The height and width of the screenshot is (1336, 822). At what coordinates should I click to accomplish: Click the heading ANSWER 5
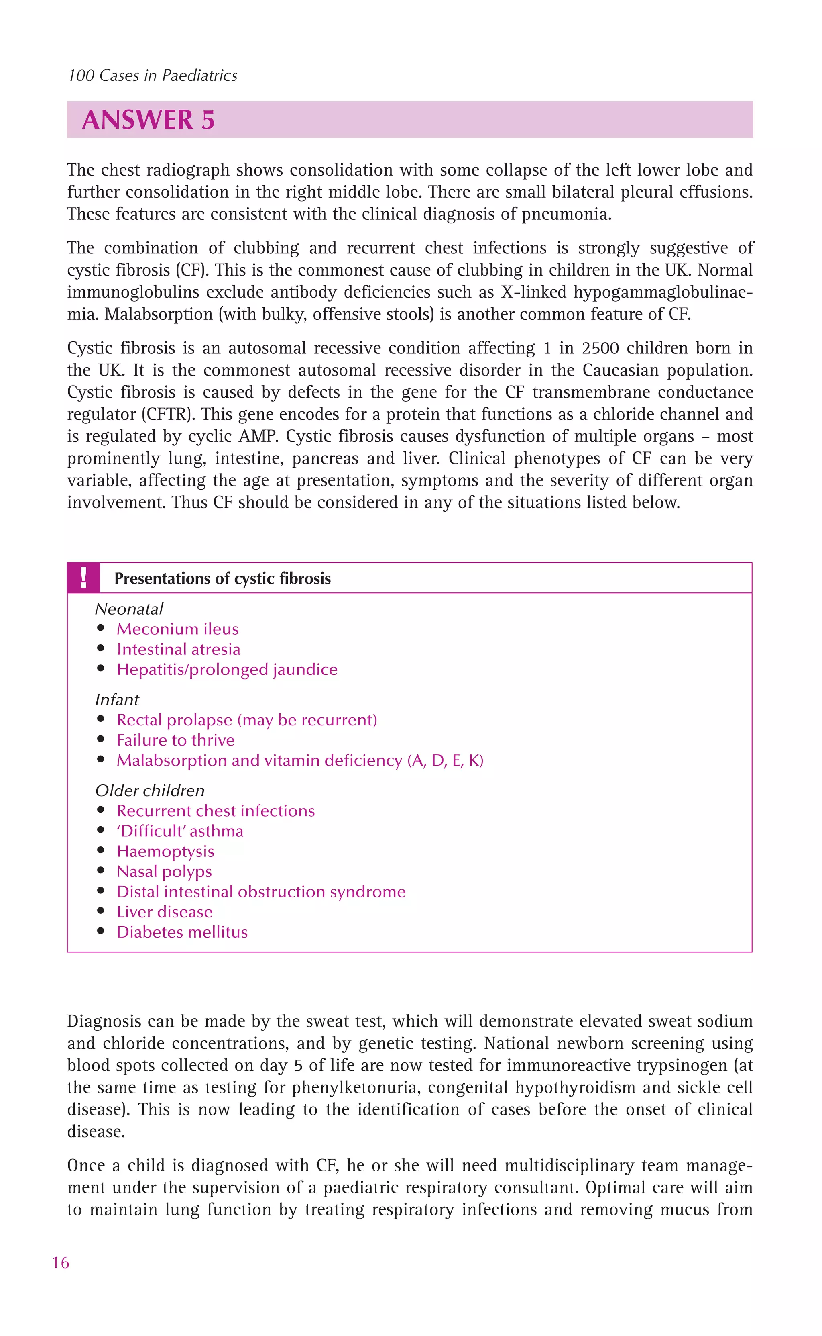[x=149, y=120]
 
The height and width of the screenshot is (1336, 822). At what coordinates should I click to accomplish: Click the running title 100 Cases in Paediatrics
[x=153, y=76]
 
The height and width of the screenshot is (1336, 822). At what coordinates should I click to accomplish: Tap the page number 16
[x=60, y=1262]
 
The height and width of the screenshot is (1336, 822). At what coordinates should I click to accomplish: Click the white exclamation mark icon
[x=83, y=578]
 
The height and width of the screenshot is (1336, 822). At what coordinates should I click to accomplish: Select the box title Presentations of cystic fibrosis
[x=222, y=578]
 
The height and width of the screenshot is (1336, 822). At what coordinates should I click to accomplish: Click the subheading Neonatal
[x=129, y=609]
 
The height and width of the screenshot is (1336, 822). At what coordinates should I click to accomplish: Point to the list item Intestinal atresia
[x=178, y=649]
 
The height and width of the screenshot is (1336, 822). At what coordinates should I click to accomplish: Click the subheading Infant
[x=117, y=700]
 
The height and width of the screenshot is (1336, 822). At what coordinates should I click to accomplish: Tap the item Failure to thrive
[x=176, y=740]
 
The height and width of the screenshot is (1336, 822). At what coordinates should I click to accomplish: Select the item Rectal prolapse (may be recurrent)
[x=247, y=720]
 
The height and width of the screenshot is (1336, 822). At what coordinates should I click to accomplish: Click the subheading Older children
[x=150, y=791]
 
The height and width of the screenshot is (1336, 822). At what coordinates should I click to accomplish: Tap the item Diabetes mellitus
[x=182, y=932]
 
